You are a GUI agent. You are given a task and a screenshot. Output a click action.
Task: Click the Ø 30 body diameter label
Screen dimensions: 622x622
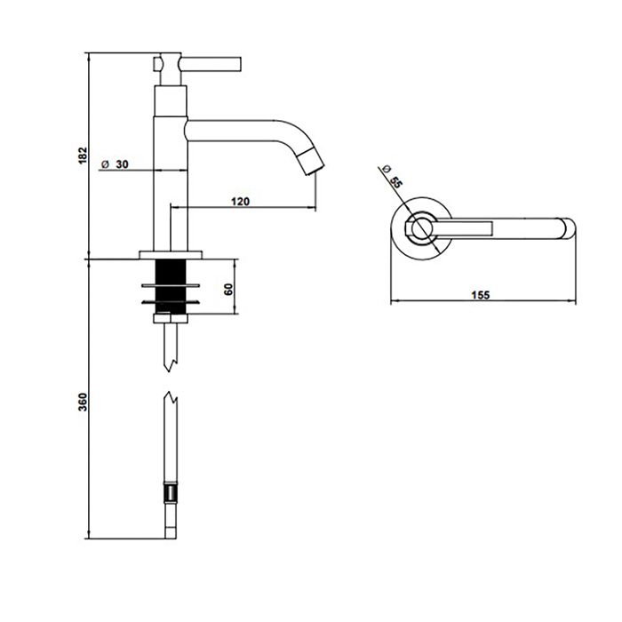point(116,164)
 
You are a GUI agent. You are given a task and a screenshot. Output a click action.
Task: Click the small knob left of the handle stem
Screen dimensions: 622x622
point(157,64)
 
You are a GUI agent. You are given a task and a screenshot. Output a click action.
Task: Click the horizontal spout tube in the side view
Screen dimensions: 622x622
point(240,130)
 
